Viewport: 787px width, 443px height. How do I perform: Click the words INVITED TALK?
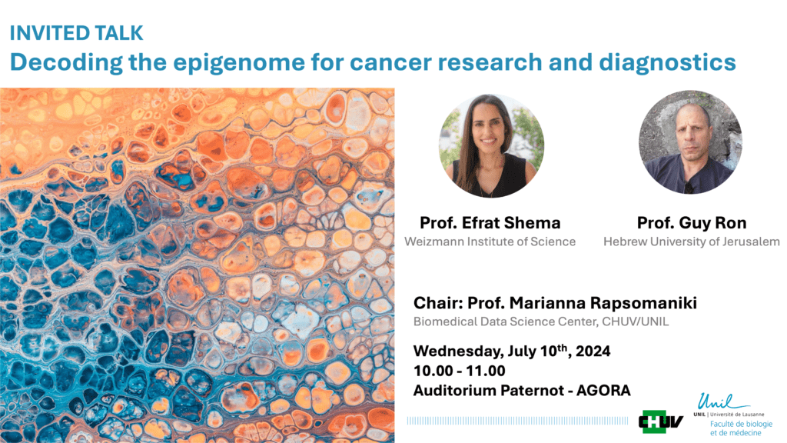point(77,33)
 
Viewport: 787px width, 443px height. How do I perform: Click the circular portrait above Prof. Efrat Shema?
point(491,145)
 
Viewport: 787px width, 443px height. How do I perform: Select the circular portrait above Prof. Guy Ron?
point(690,142)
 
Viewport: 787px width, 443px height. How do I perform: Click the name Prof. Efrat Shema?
point(490,222)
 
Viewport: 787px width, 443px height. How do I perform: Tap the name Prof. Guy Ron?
point(691,222)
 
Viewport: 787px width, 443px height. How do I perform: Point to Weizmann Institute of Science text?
point(490,241)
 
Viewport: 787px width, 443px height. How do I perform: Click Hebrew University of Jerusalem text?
point(691,241)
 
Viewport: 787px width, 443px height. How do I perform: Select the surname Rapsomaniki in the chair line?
point(643,303)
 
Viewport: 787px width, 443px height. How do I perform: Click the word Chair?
point(438,303)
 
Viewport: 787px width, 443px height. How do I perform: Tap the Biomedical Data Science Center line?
point(541,322)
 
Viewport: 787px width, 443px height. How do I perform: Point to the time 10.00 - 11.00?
point(460,371)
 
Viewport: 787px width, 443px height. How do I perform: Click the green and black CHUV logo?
point(661,421)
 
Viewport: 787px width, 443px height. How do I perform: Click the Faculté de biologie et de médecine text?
point(741,428)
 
